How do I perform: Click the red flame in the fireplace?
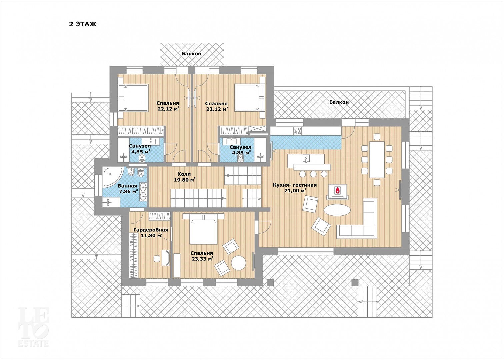coord(337,191)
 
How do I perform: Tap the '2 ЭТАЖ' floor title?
coord(83,24)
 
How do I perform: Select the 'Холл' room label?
coord(184,174)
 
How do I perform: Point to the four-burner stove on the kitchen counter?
coord(298,131)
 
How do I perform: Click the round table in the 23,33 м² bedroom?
coord(239,263)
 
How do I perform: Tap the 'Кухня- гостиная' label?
coord(295,185)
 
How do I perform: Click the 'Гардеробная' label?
coord(151,230)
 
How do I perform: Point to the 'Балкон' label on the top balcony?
coord(191,54)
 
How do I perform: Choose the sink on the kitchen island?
coord(306,158)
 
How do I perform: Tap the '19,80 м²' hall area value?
coord(185,180)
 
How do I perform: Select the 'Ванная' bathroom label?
coord(128,186)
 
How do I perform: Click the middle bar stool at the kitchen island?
coord(313,174)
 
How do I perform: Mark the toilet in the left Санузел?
coord(142,158)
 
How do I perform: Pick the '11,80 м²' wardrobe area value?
coord(152,236)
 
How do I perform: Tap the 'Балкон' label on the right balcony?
coord(339,102)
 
